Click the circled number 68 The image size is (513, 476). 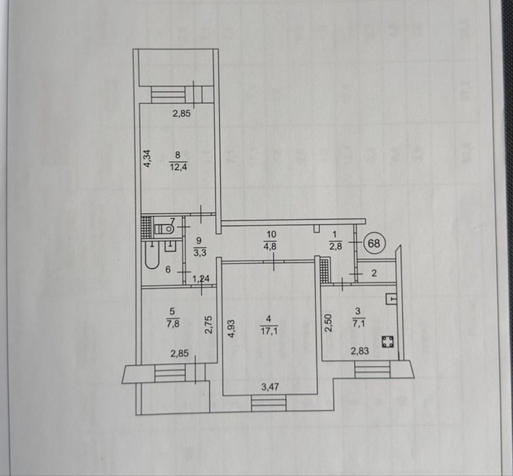click(x=375, y=242)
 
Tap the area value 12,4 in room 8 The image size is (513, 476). click(x=178, y=165)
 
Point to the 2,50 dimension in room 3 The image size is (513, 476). click(x=329, y=322)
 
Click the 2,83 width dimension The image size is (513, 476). click(x=360, y=352)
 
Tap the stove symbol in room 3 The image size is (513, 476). click(x=388, y=341)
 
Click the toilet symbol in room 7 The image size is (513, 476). click(x=161, y=228)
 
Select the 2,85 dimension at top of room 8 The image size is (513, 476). click(x=181, y=114)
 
